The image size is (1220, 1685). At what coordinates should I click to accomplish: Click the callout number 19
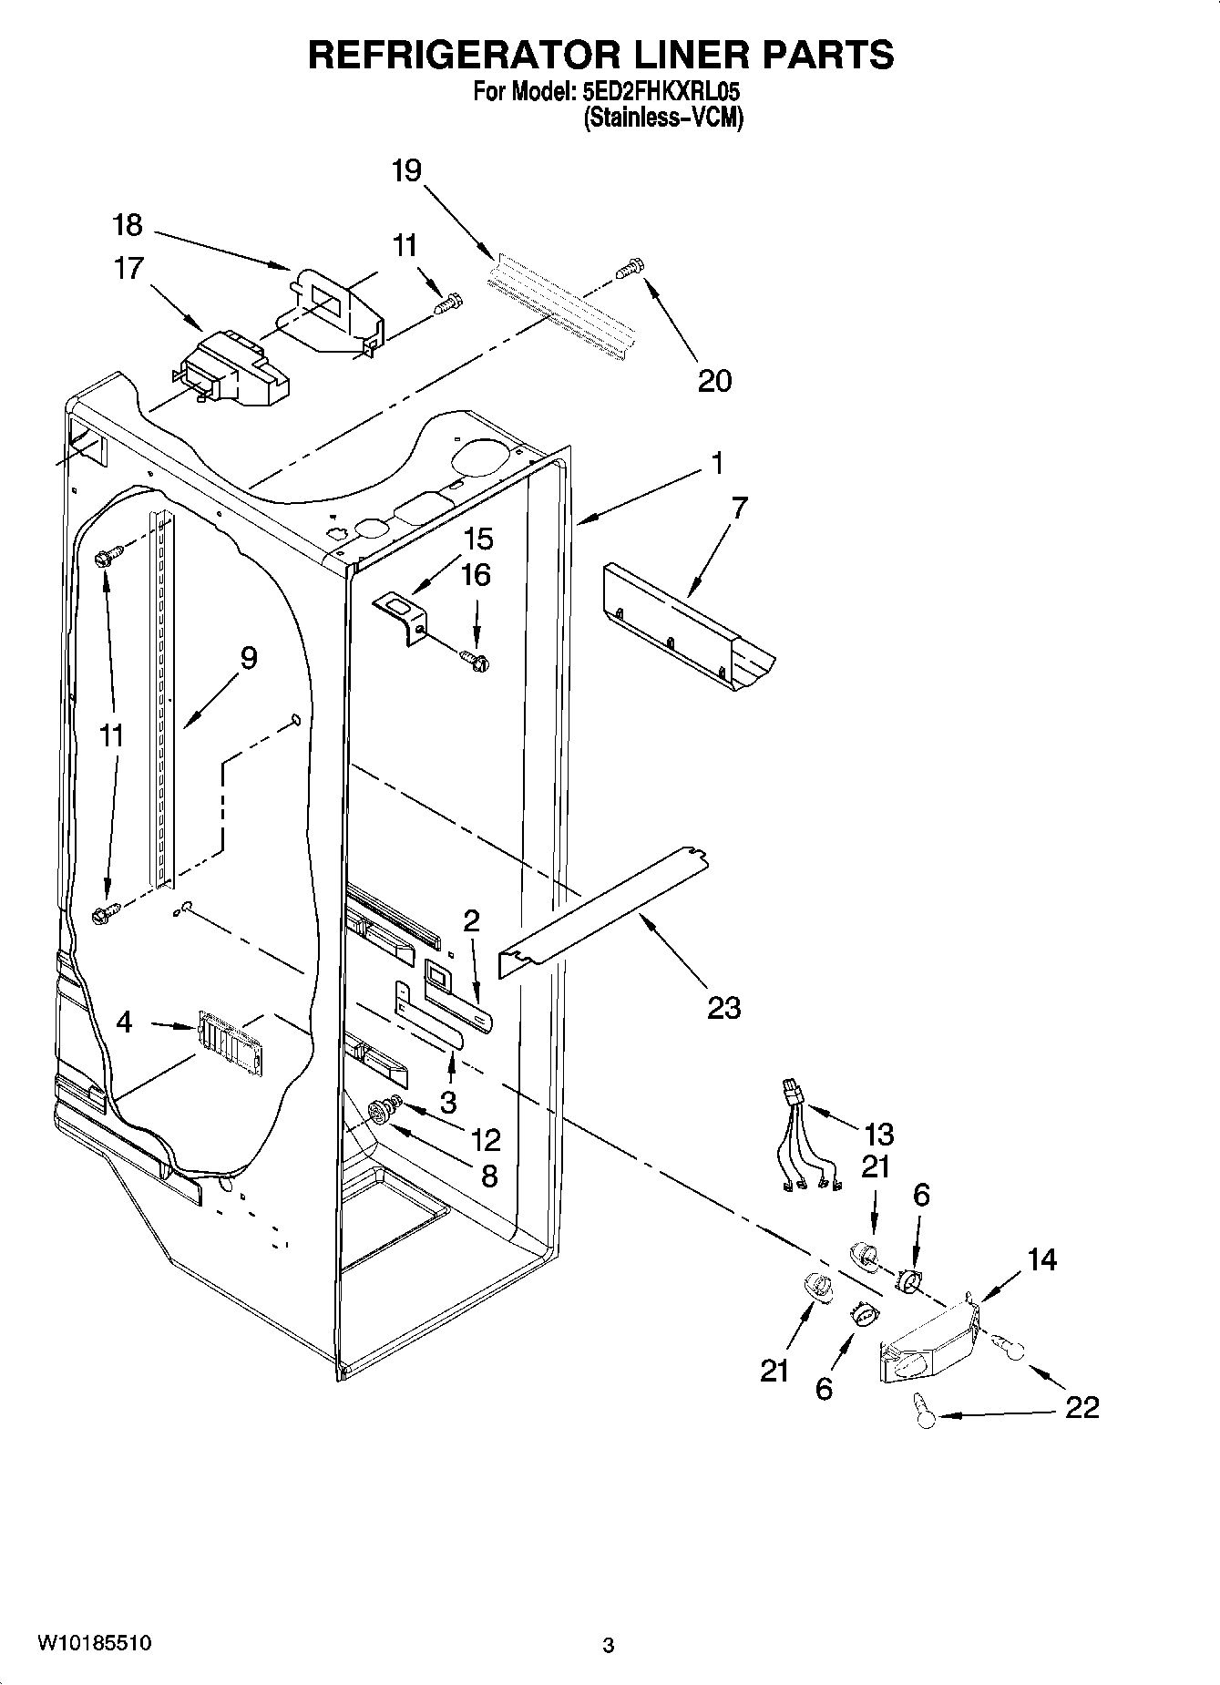tap(407, 170)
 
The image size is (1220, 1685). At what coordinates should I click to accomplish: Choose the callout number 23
tap(723, 1008)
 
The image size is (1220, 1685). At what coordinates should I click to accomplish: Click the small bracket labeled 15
tap(402, 617)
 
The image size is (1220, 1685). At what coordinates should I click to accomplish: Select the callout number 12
tap(487, 1140)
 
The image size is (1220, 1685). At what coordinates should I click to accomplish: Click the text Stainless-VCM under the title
tap(663, 118)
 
